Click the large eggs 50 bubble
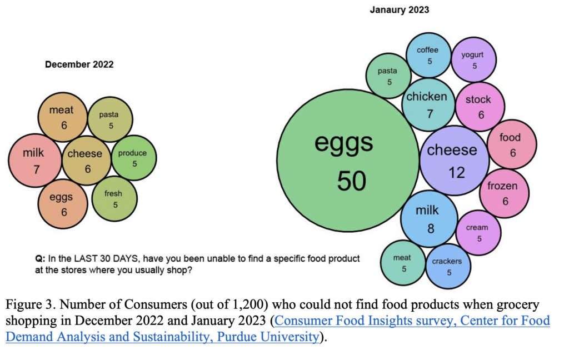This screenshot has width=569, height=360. (x=348, y=161)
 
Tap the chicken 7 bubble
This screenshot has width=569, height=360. (x=427, y=104)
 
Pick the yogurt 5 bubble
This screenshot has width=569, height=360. (x=473, y=59)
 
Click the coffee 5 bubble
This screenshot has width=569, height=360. (x=428, y=55)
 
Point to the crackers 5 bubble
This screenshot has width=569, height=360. (x=447, y=266)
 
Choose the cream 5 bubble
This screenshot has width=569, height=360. (x=478, y=232)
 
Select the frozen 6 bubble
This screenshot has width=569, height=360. (x=503, y=193)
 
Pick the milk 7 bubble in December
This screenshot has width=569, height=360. (x=34, y=160)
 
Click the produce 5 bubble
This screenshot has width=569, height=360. (x=133, y=158)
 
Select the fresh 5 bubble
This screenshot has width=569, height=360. (x=114, y=198)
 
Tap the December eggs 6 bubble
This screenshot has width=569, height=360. (x=62, y=204)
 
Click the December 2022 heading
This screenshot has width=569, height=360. (x=79, y=64)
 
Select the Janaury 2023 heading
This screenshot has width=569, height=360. (x=399, y=10)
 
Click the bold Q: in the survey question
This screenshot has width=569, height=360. (x=39, y=259)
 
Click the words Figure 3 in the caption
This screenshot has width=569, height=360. (x=28, y=306)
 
